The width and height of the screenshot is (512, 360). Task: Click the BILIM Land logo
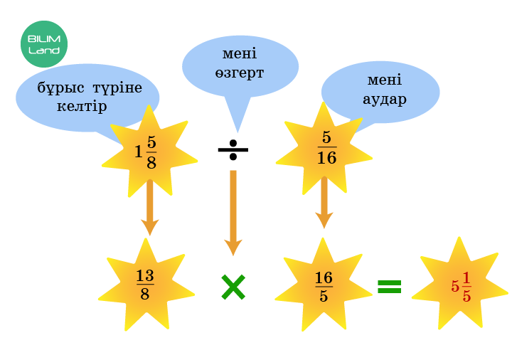(x=44, y=44)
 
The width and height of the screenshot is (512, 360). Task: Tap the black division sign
(x=233, y=149)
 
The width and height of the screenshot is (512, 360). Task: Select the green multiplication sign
(x=233, y=287)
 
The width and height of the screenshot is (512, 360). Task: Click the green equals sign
(x=389, y=287)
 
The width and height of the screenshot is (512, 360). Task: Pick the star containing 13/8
(x=145, y=285)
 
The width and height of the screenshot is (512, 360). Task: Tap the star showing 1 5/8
(x=148, y=151)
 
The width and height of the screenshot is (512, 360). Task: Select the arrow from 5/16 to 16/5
(x=324, y=201)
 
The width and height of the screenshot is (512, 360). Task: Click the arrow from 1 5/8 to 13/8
(x=149, y=206)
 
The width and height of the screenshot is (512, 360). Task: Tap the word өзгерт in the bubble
(x=240, y=73)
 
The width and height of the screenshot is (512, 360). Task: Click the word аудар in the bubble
(x=385, y=99)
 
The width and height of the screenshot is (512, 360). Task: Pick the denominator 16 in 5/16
(x=326, y=158)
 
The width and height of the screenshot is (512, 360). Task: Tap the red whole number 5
(x=455, y=287)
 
